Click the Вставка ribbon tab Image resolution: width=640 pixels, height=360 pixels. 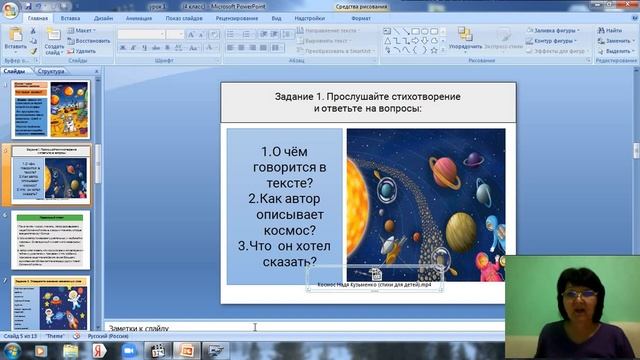71,18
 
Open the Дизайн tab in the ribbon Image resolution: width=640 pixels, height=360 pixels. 103,18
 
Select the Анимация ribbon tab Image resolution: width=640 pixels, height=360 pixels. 139,18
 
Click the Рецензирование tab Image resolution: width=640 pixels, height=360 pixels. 236,18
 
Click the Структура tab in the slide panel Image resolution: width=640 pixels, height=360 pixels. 51,72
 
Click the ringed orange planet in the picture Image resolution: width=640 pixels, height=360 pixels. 425,163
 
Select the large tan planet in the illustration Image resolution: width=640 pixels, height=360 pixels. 459,231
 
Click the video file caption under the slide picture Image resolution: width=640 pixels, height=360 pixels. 380,286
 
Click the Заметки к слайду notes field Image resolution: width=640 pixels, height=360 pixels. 300,327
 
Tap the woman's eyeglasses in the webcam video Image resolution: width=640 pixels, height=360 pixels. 580,293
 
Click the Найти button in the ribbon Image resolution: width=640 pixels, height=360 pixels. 613,30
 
